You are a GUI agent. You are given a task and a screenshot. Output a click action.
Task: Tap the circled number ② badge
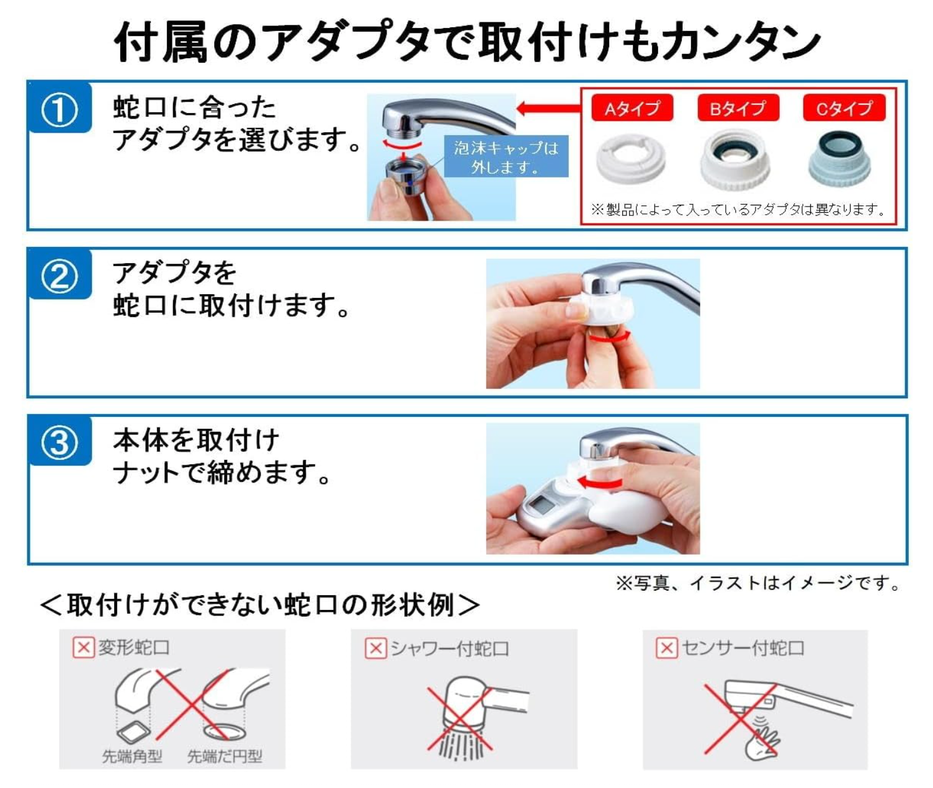60,277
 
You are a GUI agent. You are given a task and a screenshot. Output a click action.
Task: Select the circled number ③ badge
60,443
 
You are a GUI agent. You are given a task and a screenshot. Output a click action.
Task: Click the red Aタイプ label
632,108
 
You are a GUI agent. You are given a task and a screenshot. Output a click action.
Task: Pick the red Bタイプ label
738,108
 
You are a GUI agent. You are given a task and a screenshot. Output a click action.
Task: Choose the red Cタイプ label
844,108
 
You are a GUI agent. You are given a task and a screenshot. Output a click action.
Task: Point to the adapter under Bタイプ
736,159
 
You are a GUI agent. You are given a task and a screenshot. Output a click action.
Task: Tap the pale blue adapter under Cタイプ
839,158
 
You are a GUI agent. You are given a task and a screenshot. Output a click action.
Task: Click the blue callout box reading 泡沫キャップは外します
506,156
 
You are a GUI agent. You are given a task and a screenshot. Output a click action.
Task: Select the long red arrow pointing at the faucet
549,108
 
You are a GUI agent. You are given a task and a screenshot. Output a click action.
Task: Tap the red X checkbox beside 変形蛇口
84,647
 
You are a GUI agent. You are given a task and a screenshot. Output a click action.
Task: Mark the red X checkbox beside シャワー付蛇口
376,648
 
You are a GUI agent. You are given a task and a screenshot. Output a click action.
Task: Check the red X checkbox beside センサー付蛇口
667,648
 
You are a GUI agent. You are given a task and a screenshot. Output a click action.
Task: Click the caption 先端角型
132,756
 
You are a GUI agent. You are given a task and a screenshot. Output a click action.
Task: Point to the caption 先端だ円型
225,756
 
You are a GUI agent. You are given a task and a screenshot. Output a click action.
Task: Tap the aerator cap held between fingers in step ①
404,178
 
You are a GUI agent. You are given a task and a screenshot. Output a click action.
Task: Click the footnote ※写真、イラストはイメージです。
758,583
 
